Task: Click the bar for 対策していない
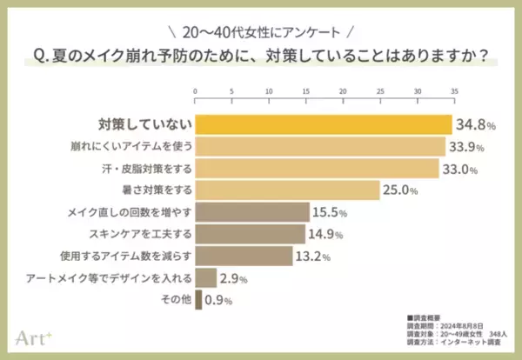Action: [323, 124]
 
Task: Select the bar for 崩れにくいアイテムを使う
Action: [319, 146]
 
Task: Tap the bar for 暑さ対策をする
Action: [287, 190]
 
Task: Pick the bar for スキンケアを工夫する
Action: [250, 234]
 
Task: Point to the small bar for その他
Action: [198, 300]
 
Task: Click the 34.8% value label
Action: [476, 125]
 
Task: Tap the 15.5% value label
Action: [331, 212]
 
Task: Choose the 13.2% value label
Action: [313, 257]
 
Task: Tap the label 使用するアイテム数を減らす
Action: [129, 256]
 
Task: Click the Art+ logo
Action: [34, 336]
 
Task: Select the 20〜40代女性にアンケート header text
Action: [260, 32]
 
